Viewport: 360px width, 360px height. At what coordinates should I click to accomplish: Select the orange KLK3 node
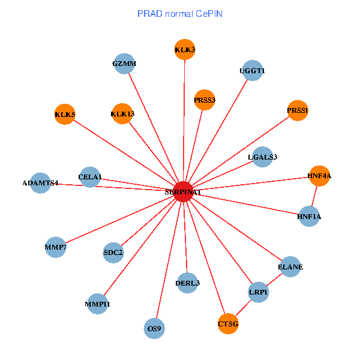184,49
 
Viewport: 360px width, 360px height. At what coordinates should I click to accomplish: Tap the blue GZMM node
124,64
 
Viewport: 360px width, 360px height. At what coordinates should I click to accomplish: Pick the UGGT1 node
252,70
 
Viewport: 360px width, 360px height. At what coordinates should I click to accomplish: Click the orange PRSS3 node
205,99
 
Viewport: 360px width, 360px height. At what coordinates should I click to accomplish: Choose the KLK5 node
65,114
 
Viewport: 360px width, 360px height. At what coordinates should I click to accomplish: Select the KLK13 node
122,113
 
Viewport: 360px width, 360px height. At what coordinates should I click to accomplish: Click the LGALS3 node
263,157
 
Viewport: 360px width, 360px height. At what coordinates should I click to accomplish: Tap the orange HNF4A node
319,176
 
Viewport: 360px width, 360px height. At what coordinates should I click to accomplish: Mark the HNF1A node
309,216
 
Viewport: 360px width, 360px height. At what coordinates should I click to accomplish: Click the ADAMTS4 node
40,182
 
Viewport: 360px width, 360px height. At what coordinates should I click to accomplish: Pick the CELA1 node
90,176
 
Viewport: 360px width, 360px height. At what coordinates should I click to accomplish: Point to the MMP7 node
55,247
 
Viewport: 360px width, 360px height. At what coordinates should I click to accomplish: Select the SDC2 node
113,252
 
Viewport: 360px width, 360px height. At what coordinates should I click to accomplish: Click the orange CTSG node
228,324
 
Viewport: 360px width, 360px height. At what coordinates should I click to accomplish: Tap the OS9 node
155,328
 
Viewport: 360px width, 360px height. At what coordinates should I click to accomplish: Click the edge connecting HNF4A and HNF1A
314,196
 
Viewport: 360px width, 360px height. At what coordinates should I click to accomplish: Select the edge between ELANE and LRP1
274,280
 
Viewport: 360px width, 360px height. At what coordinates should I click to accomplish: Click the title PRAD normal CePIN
180,13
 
